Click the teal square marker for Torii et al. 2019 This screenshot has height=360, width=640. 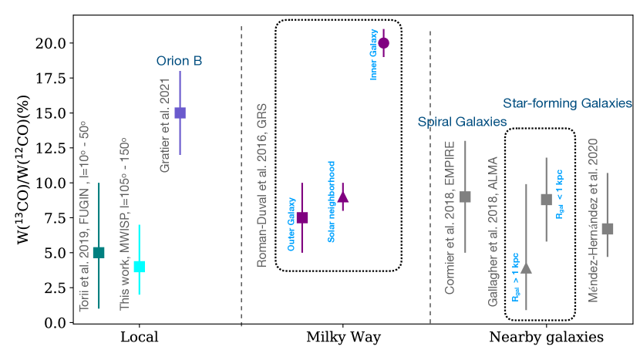tap(99, 252)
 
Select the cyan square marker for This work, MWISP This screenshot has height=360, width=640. tap(140, 267)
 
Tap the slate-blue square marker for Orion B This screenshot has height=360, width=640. tap(180, 113)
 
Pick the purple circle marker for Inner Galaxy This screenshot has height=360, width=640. tap(384, 43)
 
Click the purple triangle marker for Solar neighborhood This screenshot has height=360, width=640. tap(343, 197)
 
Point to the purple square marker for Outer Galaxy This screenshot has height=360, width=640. tap(302, 217)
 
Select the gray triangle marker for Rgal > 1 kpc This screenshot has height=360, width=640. tap(526, 267)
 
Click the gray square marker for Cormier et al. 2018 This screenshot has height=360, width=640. tap(465, 197)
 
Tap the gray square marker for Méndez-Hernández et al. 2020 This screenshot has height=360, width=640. tap(608, 228)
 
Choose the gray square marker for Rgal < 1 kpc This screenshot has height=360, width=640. tap(547, 200)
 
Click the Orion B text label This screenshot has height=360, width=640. tap(179, 61)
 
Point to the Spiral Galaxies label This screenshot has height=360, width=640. tap(462, 122)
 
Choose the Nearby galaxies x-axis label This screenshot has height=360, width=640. tap(546, 338)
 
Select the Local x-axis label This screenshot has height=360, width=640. tap(140, 338)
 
